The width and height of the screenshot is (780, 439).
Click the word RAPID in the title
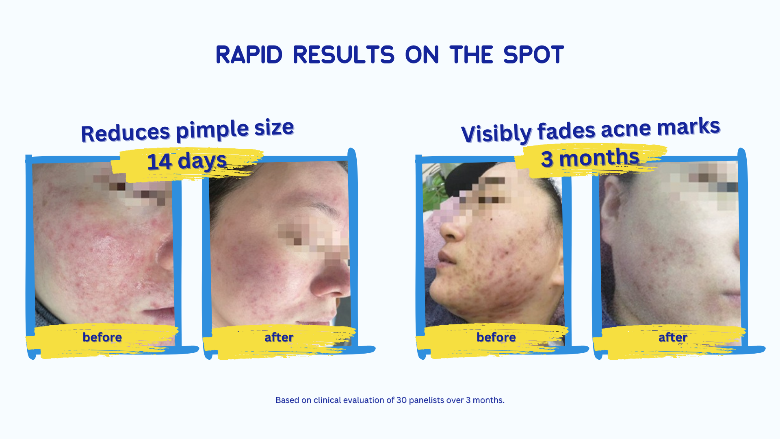[x=249, y=55]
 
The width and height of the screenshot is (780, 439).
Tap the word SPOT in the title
[x=533, y=55]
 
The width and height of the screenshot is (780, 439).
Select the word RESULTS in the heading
[x=343, y=55]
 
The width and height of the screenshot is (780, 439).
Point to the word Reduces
[x=126, y=133]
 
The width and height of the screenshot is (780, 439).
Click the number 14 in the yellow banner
[x=159, y=162]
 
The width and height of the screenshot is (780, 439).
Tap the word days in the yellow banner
[x=202, y=161]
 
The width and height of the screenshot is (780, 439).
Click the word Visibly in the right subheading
[x=496, y=133]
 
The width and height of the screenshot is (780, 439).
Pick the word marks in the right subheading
[x=689, y=126]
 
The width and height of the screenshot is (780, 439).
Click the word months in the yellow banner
[x=599, y=158]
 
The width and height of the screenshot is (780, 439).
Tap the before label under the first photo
[x=102, y=337]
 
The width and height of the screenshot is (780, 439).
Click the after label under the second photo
[x=279, y=337]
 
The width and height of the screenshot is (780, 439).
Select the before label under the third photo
[x=496, y=337]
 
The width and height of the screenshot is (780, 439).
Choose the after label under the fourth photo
[x=673, y=337]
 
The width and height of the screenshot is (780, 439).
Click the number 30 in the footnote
[x=401, y=400]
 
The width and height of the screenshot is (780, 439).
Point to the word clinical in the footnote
[x=327, y=400]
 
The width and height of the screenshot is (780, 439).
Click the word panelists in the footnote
[x=427, y=400]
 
